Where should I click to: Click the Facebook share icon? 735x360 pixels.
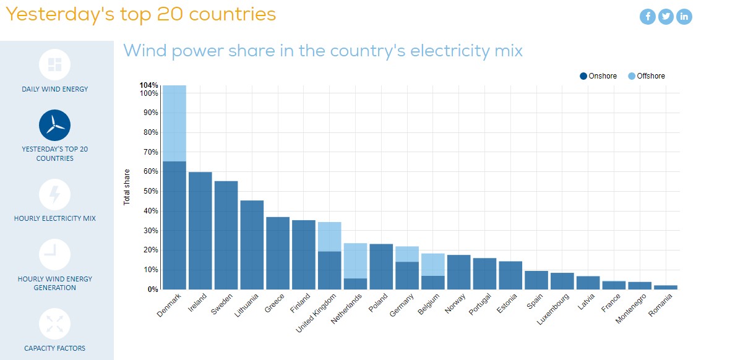647,17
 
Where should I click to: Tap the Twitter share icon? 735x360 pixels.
666,17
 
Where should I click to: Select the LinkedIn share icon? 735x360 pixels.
684,17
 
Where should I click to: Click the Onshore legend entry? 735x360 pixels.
598,76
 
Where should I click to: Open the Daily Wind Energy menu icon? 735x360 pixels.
54,64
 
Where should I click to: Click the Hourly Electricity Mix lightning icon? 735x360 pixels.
54,194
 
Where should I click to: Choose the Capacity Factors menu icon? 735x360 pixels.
54,324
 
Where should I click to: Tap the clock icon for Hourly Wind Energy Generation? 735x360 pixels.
54,254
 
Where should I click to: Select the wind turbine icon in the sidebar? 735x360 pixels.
54,125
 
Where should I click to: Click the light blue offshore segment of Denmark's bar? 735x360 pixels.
174,123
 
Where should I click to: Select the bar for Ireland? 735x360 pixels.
200,230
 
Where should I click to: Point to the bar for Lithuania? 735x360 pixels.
252,244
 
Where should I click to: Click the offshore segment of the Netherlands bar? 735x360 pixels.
355,260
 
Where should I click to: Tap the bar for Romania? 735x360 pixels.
666,287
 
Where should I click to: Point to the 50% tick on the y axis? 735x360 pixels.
150,191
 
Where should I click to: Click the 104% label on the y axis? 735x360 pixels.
149,85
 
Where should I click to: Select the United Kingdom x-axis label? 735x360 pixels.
317,312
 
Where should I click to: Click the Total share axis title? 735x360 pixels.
127,187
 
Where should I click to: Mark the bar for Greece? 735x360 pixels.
278,253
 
